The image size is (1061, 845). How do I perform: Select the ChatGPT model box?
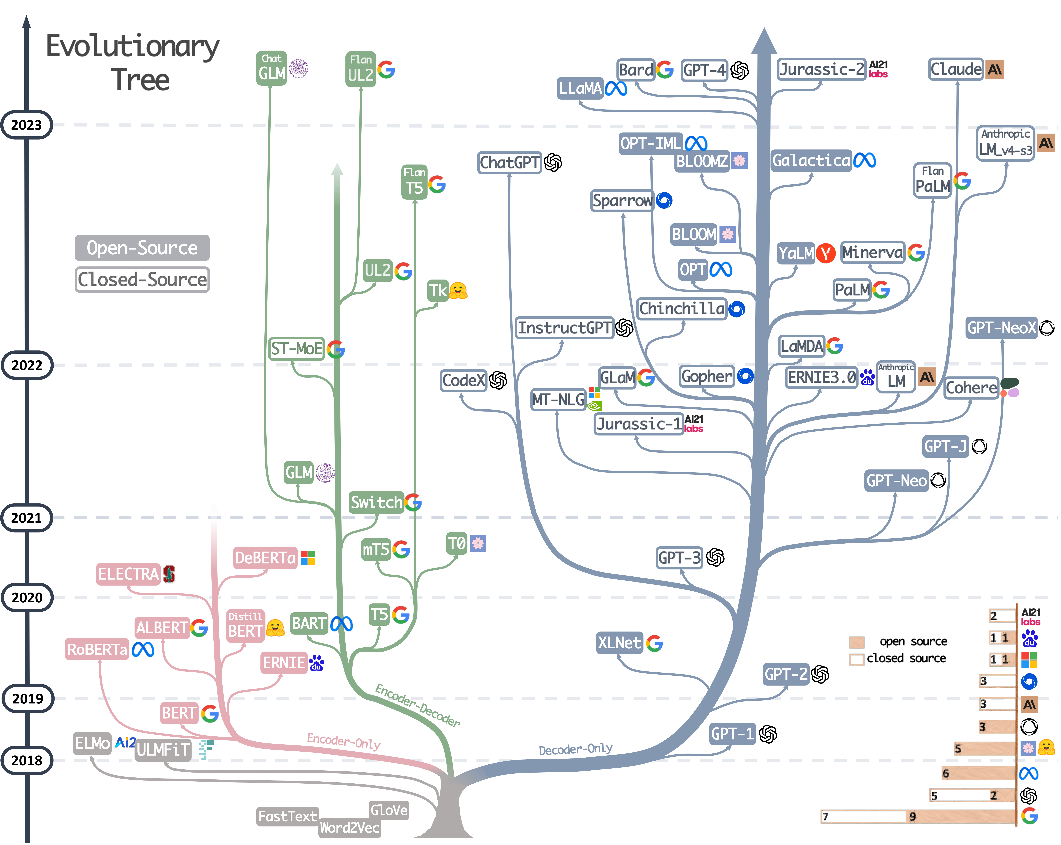(x=509, y=162)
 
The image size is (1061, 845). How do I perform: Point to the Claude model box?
(x=956, y=69)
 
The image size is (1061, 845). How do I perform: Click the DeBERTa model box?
(x=265, y=558)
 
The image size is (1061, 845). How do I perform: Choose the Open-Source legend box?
(x=142, y=248)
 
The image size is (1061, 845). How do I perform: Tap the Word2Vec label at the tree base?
(x=349, y=828)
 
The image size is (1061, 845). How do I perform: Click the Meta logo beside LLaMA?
(x=616, y=89)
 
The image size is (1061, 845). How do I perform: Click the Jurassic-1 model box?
(x=639, y=423)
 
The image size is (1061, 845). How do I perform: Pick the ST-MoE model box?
(x=296, y=349)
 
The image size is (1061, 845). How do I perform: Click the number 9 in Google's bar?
(x=912, y=817)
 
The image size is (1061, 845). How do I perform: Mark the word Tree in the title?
(x=140, y=80)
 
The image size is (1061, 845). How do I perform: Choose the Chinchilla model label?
(x=682, y=309)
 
